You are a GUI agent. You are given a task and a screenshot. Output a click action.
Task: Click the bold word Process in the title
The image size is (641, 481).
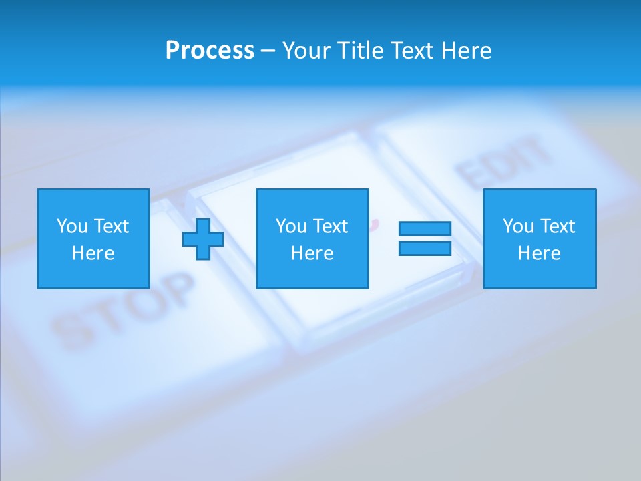click(x=210, y=51)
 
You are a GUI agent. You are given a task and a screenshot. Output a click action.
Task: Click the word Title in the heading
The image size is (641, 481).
click(x=357, y=51)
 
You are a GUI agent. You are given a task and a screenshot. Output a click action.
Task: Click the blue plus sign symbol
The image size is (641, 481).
click(x=203, y=239)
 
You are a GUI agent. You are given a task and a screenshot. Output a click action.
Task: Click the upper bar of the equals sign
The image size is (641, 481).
click(x=425, y=229)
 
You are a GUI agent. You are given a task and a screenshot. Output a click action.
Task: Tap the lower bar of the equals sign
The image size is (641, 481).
click(x=425, y=249)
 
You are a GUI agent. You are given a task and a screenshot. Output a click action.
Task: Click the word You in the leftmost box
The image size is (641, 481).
click(x=72, y=226)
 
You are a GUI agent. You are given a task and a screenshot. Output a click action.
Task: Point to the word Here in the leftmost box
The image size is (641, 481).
click(x=93, y=253)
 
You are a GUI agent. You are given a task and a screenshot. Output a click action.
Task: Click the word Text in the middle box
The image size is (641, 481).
click(x=331, y=226)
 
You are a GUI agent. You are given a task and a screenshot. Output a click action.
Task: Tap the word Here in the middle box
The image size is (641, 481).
click(x=312, y=253)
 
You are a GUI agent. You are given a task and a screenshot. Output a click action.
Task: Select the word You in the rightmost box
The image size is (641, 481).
click(x=518, y=226)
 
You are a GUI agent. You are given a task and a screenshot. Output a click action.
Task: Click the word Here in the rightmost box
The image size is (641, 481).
click(x=539, y=253)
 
